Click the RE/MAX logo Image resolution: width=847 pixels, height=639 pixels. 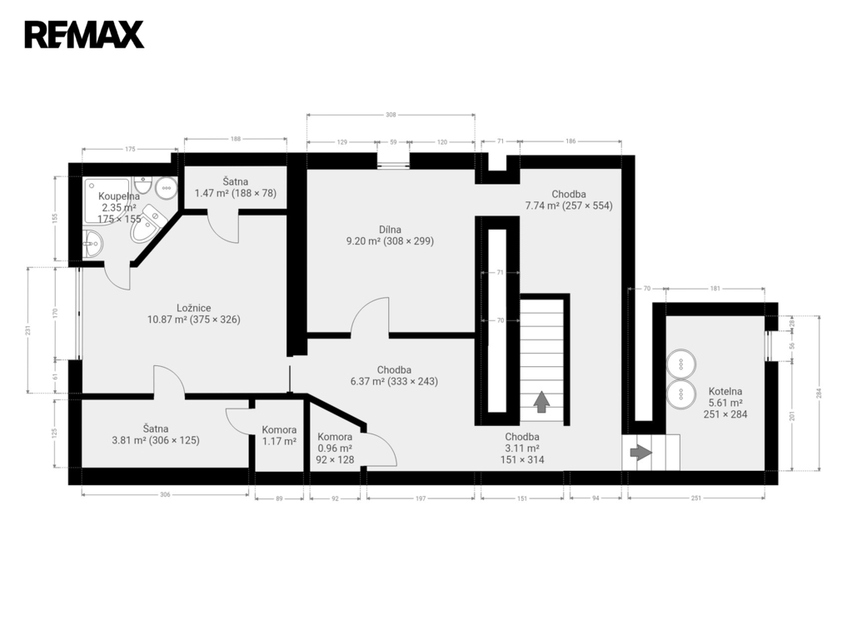pos(84,35)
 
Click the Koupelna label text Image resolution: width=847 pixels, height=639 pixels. pos(119,196)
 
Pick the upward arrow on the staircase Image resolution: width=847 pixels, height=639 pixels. pos(541,402)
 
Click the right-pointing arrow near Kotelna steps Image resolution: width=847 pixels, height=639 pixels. pos(641,453)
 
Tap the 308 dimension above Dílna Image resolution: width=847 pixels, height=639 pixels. pos(391,115)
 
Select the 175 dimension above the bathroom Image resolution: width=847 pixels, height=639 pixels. pos(130,149)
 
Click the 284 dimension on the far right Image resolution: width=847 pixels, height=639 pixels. pos(820,393)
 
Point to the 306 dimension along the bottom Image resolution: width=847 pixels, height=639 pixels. pos(165,494)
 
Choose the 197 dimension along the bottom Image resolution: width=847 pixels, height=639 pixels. pos(421,498)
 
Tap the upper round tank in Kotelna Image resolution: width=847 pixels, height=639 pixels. pos(680,364)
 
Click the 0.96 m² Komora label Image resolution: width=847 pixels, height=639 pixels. pos(335,448)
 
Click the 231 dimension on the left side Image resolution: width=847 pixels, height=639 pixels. pos(28,329)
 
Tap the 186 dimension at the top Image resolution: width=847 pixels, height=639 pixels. pos(571,141)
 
